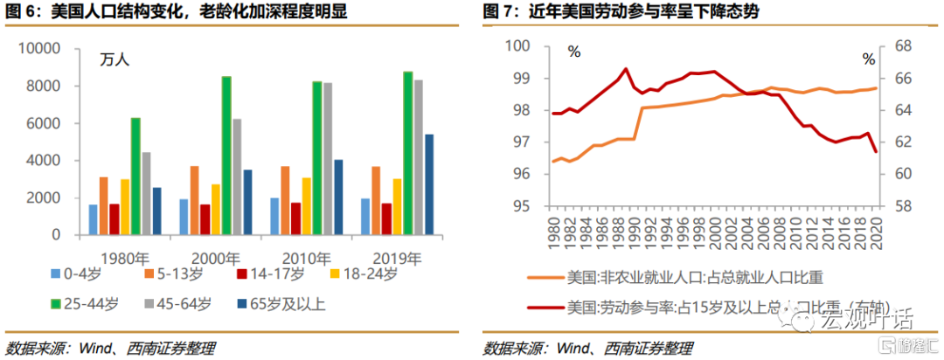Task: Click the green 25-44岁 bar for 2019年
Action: pos(383,153)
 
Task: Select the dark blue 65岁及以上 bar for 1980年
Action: pos(156,211)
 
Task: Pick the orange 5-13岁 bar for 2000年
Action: pos(194,200)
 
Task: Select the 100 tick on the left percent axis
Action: pos(519,45)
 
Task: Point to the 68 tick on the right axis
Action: pos(900,45)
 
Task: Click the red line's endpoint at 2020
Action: pos(876,152)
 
